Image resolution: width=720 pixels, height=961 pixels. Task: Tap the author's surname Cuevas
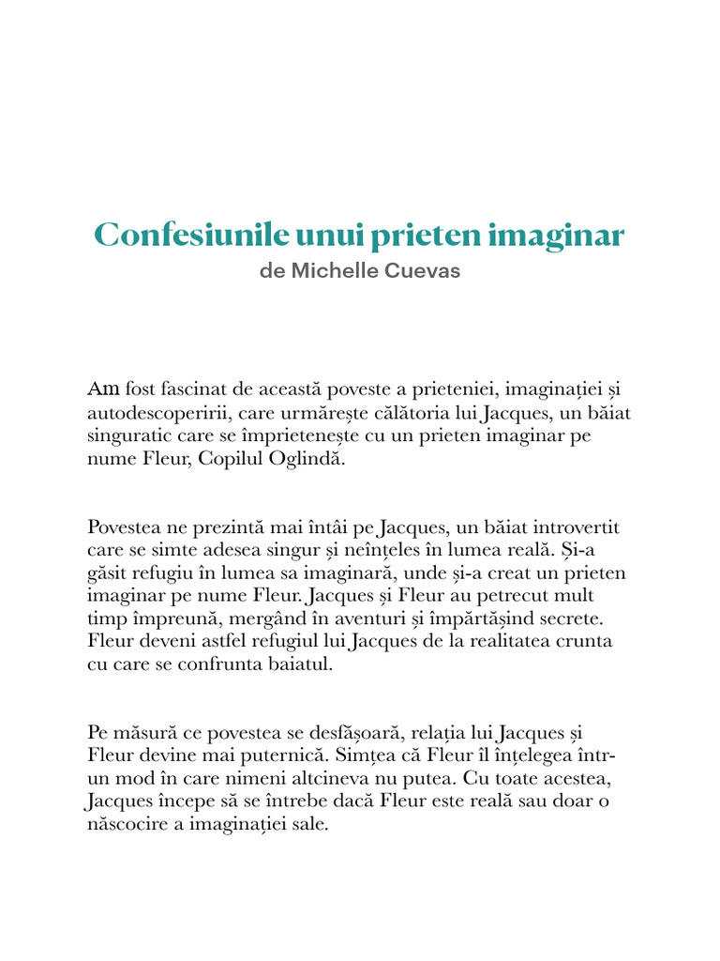pos(428,271)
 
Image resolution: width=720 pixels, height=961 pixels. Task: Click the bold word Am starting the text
pos(103,389)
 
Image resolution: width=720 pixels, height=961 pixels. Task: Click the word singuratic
pos(131,437)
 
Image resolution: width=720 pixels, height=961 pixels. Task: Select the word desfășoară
pos(353,732)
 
